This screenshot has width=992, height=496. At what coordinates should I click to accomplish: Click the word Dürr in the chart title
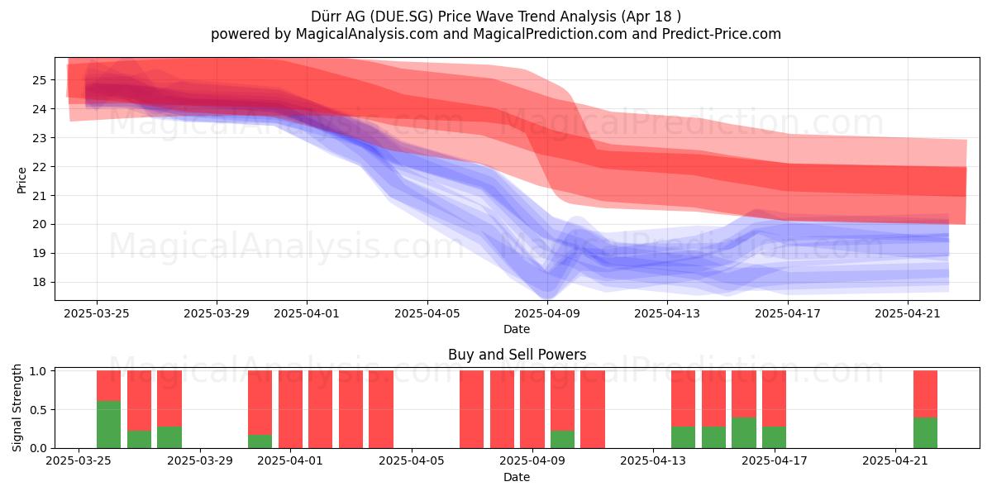click(x=327, y=17)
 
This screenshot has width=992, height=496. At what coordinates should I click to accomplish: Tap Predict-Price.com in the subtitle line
click(x=722, y=34)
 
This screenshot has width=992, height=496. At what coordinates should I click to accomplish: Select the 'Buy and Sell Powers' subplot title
click(x=517, y=355)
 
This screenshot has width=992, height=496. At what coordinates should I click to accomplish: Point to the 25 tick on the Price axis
click(x=39, y=80)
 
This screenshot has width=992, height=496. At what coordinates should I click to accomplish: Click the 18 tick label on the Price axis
click(x=39, y=282)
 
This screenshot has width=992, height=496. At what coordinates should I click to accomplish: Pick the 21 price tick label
click(x=39, y=195)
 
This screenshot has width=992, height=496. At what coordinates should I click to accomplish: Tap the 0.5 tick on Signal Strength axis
click(x=38, y=410)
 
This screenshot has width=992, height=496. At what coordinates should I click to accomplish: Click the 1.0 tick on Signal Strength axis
click(x=38, y=371)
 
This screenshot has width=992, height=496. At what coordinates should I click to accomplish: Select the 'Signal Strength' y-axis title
click(x=17, y=408)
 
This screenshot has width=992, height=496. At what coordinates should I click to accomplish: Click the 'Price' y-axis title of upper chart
click(x=21, y=180)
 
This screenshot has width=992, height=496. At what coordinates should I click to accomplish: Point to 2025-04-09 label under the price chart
click(x=547, y=313)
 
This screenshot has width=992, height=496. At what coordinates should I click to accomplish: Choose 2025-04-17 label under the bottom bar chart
click(x=775, y=460)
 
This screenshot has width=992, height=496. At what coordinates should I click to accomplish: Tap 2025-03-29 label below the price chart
click(x=217, y=313)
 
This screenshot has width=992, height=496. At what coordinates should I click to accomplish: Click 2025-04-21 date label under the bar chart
click(x=895, y=460)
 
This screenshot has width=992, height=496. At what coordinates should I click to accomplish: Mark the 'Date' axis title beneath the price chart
click(x=517, y=329)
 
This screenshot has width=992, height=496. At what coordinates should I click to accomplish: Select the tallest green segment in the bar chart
click(x=108, y=424)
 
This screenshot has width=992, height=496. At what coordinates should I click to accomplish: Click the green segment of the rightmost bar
click(x=925, y=432)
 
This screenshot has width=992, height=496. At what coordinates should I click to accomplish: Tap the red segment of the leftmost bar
click(x=108, y=386)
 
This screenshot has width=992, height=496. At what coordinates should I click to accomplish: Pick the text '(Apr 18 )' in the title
click(x=651, y=17)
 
